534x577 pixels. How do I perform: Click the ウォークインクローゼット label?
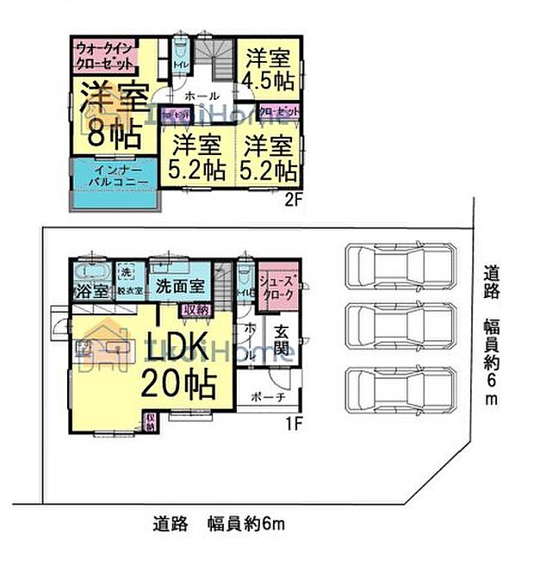click(x=105, y=55)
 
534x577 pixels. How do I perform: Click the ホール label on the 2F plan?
click(x=200, y=95)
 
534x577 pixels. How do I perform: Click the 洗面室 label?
click(x=179, y=285)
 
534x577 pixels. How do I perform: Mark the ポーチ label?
click(x=269, y=397)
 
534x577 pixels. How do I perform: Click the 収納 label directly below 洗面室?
click(x=196, y=307)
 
